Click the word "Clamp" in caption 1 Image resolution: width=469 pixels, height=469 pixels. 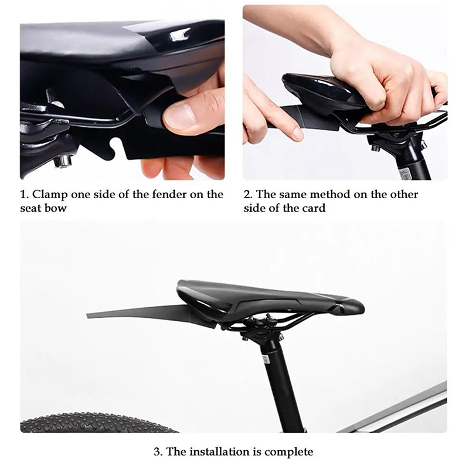coord(50,195)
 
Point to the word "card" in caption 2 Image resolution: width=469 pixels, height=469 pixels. coord(314,208)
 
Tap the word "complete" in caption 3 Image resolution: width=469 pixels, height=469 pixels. coord(288,452)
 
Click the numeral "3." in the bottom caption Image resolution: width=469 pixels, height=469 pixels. coord(158,451)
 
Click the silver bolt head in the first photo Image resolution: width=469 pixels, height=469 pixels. coord(63,162)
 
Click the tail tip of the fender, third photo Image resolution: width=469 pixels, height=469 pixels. coord(88,315)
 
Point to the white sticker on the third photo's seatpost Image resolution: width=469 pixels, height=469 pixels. coord(266,358)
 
